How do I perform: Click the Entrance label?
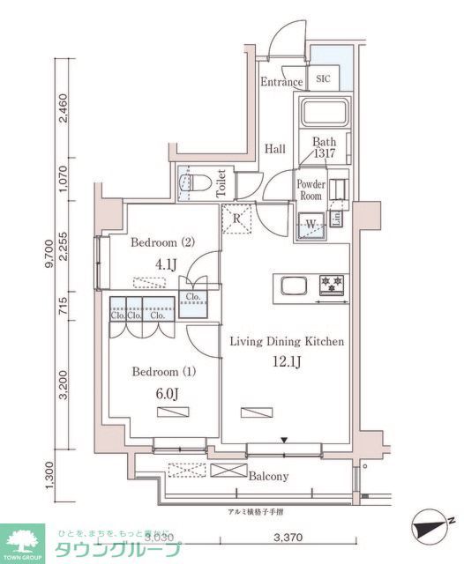[281, 83]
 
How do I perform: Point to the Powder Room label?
[310, 189]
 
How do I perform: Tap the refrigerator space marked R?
[238, 219]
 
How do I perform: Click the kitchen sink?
[294, 284]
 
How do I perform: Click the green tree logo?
[24, 540]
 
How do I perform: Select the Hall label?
[274, 149]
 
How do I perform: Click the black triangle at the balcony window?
[284, 439]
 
